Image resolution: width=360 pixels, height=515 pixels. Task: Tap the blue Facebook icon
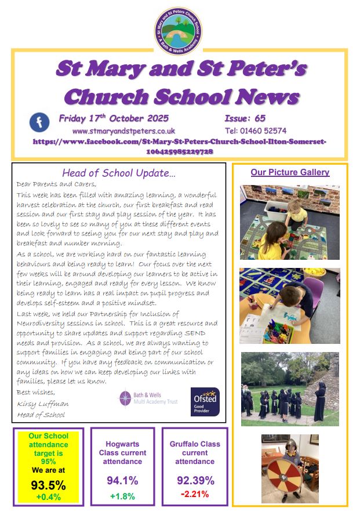[x=39, y=123]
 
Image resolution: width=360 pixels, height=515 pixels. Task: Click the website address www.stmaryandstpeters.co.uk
[x=123, y=131]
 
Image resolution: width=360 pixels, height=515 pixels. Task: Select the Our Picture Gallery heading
[x=290, y=172]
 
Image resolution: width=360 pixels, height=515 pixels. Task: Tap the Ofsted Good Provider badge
[x=205, y=402]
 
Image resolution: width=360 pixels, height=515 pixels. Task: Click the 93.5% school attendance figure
[x=49, y=485]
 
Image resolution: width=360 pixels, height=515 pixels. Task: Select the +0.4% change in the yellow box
[x=49, y=497]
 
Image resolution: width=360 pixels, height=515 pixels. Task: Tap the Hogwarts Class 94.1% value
[x=122, y=480]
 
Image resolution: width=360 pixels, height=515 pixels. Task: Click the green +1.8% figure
[x=122, y=496]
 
